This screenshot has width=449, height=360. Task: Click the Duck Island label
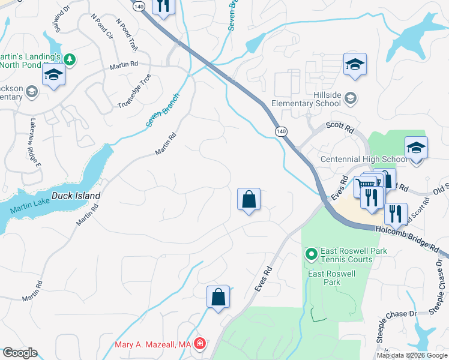76,196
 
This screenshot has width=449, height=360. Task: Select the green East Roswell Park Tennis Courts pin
311,255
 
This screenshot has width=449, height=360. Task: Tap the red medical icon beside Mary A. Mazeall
199,344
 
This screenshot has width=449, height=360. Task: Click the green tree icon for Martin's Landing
70,59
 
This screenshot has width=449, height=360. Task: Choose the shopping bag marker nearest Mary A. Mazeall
218,297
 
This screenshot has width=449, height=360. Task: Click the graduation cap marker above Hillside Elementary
355,64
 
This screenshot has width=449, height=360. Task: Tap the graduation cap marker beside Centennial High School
416,148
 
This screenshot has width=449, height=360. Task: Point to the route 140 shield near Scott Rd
280,130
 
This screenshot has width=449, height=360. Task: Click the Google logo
20,353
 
